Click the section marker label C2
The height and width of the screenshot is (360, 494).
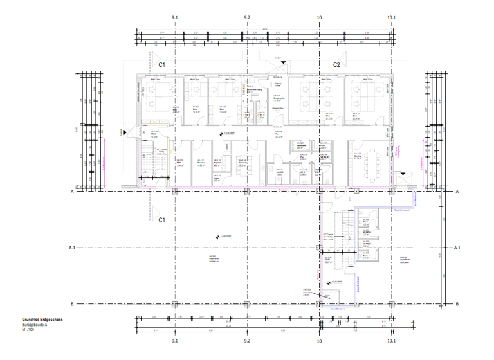pos(336,65)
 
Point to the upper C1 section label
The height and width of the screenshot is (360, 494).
pos(162,65)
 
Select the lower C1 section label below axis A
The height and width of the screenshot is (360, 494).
pos(162,220)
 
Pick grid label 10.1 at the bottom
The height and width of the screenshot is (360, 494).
pos(391,341)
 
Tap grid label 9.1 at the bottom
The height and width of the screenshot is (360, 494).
pos(174,341)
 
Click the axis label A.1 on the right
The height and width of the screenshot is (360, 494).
pos(457,248)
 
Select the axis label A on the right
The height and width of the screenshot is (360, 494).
pos(457,192)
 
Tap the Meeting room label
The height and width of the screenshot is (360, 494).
pos(357,157)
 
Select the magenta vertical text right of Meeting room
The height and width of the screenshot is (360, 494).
pos(399,151)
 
